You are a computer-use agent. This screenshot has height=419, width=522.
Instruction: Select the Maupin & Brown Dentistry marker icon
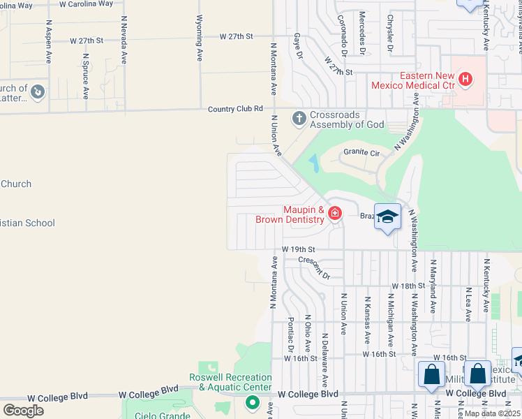coord(334,213)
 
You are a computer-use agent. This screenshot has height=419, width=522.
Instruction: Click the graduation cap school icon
coord(387,216)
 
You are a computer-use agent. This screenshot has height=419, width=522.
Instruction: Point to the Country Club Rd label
coord(235,109)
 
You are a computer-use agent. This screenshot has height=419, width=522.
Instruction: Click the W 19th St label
coord(299,249)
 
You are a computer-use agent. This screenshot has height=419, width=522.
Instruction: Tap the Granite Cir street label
coord(360,152)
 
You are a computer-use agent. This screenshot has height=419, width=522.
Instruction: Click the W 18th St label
coord(408,286)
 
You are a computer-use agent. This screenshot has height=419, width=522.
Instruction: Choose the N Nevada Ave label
coord(124,41)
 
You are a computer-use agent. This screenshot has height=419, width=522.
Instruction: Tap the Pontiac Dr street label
coord(290,335)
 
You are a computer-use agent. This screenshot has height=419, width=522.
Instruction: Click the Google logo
coord(23,411)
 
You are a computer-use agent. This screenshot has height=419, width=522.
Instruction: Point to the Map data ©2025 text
coord(492,413)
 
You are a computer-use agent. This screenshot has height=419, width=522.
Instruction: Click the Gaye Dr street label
coord(299,45)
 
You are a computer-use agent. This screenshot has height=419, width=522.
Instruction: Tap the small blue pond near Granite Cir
coord(313,163)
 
